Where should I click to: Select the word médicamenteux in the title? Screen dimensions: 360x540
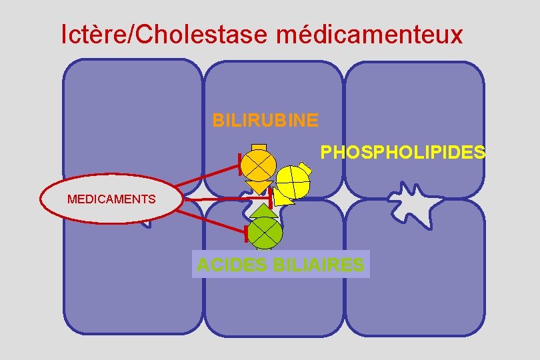(x=369, y=34)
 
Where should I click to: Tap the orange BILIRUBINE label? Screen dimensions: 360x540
(x=265, y=121)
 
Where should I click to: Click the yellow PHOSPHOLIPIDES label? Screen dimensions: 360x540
(x=403, y=153)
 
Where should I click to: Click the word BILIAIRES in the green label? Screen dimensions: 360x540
(x=319, y=265)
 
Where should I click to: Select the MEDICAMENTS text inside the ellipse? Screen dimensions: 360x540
(x=111, y=199)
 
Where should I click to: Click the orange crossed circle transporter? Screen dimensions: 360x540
(x=258, y=163)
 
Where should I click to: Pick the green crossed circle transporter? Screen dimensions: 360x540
(x=265, y=233)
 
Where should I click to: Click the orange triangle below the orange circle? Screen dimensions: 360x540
(x=259, y=187)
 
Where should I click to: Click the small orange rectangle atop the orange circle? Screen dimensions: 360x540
(x=259, y=147)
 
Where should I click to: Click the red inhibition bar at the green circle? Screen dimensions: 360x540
(x=247, y=233)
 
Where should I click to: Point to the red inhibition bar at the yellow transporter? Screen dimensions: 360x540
(x=271, y=197)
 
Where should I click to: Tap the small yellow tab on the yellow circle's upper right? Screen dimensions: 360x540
(x=305, y=165)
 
